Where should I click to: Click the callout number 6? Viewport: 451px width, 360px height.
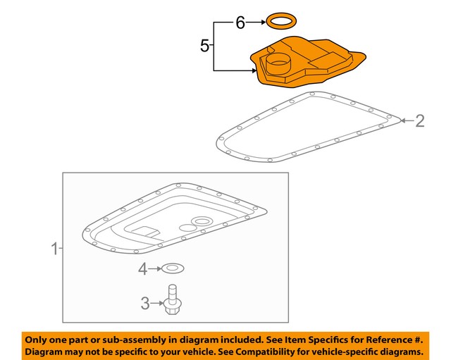click(240, 23)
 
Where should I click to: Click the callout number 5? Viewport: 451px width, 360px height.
click(204, 45)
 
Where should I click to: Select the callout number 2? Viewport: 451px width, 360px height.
click(420, 120)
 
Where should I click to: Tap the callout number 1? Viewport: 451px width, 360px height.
click(55, 249)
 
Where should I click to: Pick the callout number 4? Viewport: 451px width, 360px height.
click(143, 269)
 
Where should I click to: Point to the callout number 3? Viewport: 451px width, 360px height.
click(145, 303)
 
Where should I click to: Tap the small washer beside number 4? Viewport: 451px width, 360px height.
click(173, 268)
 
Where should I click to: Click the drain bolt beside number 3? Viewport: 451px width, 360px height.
click(172, 299)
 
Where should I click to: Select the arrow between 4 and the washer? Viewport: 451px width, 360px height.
click(155, 269)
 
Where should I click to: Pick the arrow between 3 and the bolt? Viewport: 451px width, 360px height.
click(156, 303)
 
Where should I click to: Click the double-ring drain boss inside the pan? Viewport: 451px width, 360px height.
click(202, 221)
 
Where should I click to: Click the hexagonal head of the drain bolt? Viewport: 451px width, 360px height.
click(172, 307)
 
